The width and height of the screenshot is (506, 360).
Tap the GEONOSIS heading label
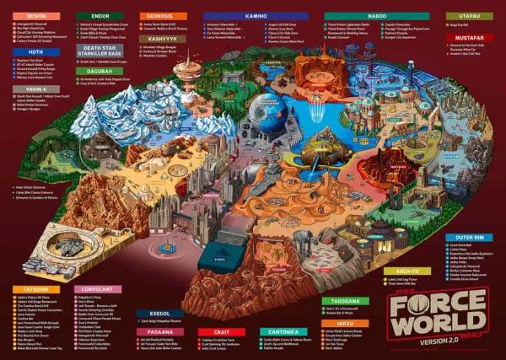[159, 16]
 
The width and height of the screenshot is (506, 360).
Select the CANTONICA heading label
[284, 331]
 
